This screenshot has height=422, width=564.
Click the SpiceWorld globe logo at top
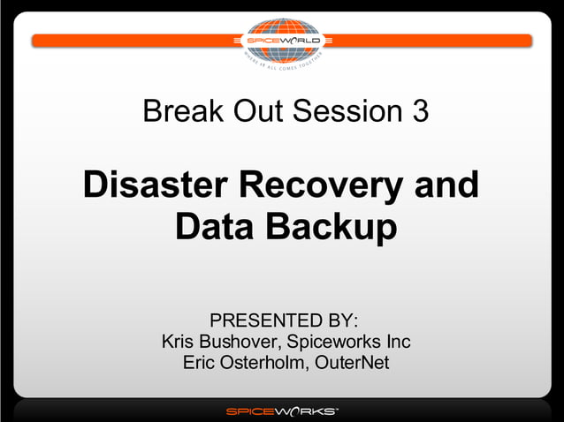click(x=282, y=41)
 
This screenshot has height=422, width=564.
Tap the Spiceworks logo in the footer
click(x=282, y=411)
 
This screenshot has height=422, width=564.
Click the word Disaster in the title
click(x=155, y=186)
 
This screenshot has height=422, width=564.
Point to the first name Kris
click(x=180, y=341)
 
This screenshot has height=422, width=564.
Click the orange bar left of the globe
click(x=133, y=41)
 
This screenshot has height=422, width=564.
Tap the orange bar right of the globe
click(x=433, y=41)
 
